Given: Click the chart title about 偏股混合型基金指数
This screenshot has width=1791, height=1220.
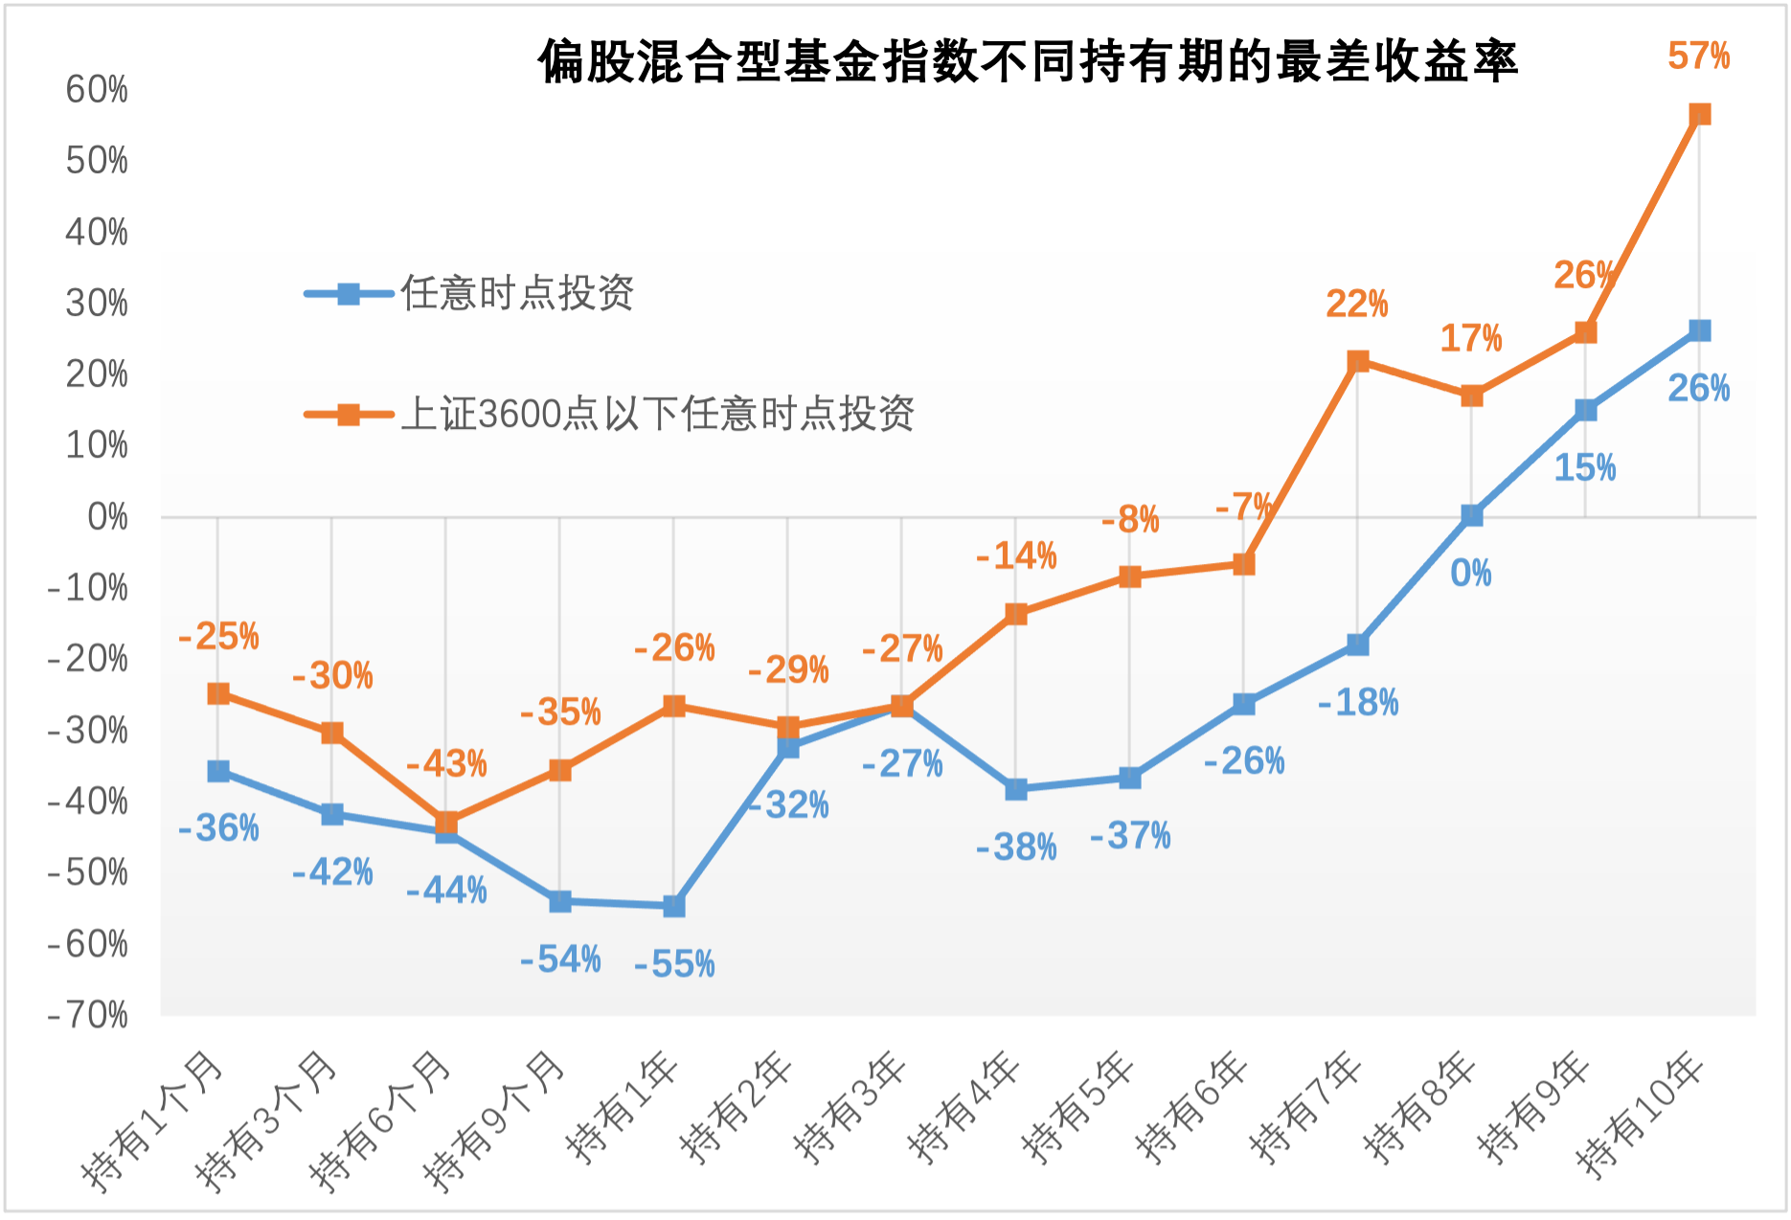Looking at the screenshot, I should pos(1027,61).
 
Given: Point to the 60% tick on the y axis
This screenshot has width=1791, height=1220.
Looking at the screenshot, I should pos(96,89).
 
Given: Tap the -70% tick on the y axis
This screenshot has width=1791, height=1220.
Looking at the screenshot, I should pos(87,1014).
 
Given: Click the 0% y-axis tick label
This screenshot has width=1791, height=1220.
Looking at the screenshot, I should pos(107,517).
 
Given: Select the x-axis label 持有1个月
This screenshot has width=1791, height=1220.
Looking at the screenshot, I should pos(153,1120).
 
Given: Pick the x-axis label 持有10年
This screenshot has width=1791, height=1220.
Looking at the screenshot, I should pos(1641,1116).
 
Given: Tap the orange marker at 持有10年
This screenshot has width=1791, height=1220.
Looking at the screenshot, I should pos(1700,115).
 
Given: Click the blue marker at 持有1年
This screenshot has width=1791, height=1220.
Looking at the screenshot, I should pos(674,906).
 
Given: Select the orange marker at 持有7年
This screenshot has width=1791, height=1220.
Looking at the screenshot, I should pos(1358,361).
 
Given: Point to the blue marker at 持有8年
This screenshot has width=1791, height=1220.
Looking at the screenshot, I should pos(1472,516).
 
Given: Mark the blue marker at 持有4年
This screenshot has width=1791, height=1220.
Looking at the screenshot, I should pos(1016,789).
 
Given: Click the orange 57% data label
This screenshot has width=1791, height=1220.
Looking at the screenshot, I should pos(1698,56).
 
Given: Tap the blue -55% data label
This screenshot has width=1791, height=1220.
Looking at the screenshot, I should pos(674,964).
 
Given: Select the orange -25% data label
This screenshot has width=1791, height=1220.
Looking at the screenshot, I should pos(218,637).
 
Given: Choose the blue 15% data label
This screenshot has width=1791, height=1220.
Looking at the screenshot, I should pos(1584,468).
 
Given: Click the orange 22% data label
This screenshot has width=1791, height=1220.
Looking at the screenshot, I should pos(1356,305).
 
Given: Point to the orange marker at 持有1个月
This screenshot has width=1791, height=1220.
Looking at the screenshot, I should pos(218,693).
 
